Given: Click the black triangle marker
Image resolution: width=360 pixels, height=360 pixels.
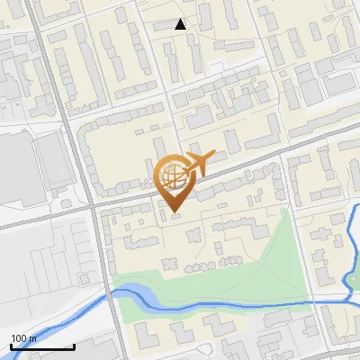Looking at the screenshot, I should (181, 24).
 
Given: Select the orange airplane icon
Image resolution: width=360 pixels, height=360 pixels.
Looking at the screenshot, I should (199, 164).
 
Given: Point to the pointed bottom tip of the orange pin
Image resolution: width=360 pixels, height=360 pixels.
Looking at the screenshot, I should (174, 211).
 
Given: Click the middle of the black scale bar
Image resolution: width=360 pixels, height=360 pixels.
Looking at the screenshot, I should (42, 346).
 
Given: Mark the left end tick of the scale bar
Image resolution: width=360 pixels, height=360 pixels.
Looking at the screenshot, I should (11, 346).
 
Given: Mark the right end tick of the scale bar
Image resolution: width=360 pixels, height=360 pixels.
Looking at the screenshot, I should (74, 346).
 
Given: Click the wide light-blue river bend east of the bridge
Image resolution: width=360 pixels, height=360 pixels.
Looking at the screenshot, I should (135, 292).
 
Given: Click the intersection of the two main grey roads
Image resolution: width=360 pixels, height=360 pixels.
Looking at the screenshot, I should (92, 206).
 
